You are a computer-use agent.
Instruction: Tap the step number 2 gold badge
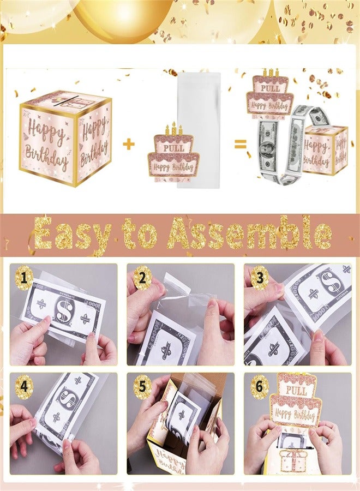142,278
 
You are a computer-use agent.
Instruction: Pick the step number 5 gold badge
142,387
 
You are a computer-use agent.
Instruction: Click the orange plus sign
129,144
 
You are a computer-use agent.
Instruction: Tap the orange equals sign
240,145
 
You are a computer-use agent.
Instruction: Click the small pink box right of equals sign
326,149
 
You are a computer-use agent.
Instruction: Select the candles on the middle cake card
173,130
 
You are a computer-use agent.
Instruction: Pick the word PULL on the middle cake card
173,147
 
